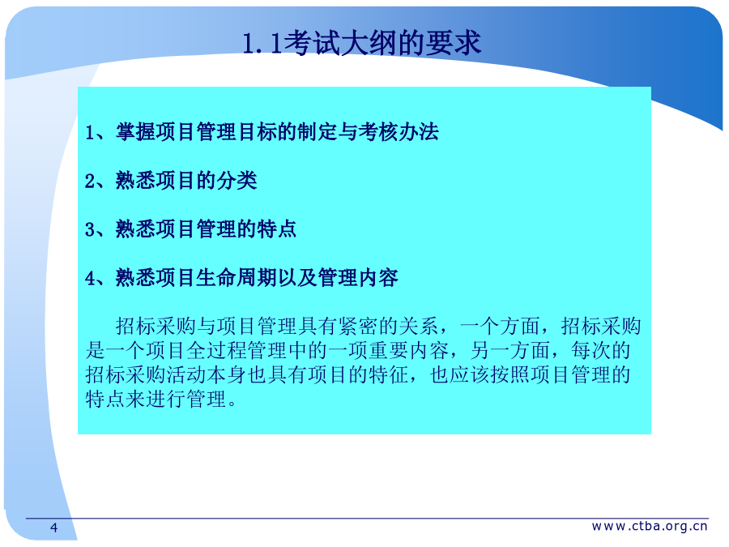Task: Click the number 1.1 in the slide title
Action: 262,43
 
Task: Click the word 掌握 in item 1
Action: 136,131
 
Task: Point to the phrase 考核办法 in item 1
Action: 399,131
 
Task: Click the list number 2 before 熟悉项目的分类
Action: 90,181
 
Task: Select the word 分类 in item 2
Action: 237,181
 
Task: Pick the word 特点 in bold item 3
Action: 277,229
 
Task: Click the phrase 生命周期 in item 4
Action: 237,278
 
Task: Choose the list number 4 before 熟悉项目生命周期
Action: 90,279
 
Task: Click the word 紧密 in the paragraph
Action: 358,326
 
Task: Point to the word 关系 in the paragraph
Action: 419,326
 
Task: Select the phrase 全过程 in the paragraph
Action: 216,350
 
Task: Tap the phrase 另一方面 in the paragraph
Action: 510,350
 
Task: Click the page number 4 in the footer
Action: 54,528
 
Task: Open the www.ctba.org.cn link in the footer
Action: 650,526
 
